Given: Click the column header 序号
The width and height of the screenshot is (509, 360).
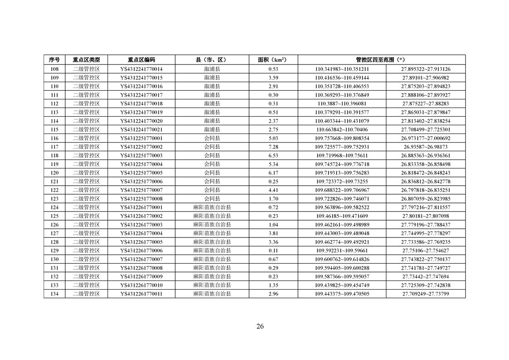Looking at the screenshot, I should (54, 60).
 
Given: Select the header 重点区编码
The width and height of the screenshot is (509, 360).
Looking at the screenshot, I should (142, 60).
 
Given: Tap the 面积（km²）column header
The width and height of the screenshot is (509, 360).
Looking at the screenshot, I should (273, 60).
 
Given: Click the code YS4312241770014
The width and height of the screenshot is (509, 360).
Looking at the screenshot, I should (142, 69).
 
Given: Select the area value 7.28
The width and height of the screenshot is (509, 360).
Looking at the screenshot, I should (273, 147).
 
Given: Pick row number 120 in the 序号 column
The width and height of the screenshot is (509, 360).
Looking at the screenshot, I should (54, 173).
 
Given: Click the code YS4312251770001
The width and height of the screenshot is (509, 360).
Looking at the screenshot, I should (142, 138).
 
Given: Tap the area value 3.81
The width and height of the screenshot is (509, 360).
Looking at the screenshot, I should (273, 233).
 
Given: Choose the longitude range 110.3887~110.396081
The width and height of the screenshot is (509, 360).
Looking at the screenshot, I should (342, 104).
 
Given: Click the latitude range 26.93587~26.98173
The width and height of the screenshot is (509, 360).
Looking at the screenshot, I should (426, 147).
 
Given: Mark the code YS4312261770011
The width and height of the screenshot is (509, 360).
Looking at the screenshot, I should (142, 294).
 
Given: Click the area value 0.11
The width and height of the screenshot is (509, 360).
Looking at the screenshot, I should (273, 251).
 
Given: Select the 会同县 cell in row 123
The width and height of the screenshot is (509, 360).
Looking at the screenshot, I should (212, 199).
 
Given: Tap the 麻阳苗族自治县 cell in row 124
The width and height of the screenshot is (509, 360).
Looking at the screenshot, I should (212, 207).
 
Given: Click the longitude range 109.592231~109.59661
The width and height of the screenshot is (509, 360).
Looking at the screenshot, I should (342, 251).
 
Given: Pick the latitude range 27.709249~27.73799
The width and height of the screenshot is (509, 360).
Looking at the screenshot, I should (426, 294).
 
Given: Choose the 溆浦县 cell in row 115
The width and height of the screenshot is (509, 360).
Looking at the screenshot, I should (212, 129).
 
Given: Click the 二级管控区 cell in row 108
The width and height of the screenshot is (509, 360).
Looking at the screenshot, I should (86, 69).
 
